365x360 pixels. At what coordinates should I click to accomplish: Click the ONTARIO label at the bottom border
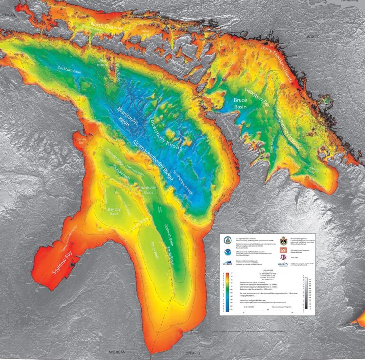(194, 353)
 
